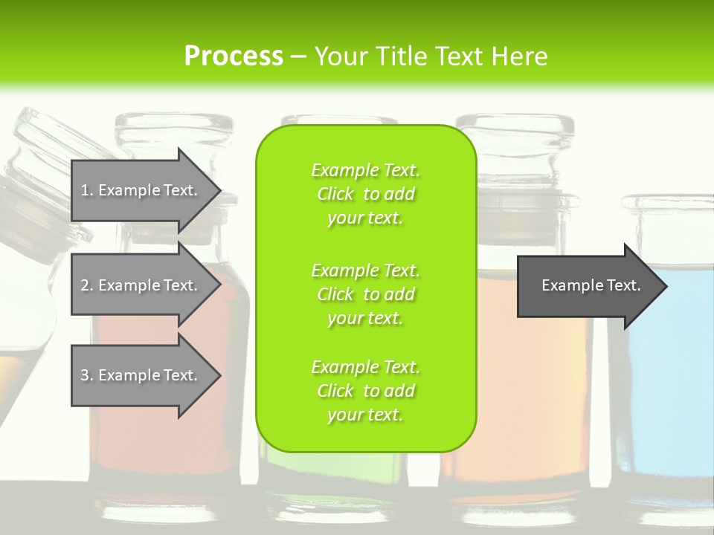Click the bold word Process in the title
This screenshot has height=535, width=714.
[x=234, y=56]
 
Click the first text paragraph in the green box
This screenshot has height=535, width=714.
[x=365, y=194]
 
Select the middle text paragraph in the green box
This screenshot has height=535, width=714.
[x=365, y=294]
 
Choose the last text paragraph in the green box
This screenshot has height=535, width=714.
[x=365, y=391]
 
